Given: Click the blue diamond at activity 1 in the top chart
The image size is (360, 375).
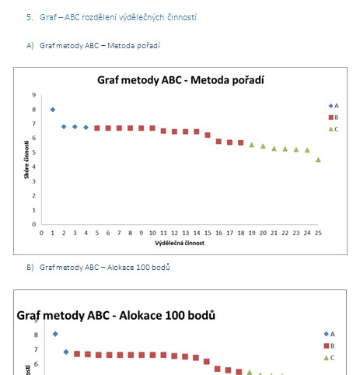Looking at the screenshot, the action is tap(53, 110).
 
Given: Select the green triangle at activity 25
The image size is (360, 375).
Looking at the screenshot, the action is tap(318, 159).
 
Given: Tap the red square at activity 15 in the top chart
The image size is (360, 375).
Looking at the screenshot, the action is tap(208, 135).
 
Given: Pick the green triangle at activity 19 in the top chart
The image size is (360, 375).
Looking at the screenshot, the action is tap(252, 145).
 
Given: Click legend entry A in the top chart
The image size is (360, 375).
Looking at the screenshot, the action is tap(334, 106).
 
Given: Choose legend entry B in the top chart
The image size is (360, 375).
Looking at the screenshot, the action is tap(334, 117).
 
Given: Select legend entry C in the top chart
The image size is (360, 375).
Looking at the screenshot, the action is tap(334, 129).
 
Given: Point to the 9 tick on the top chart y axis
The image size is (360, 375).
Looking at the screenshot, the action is tap(34, 95).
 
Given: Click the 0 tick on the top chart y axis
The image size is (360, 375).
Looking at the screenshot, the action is tap(34, 224).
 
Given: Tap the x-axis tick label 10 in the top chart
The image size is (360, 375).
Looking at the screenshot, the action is tap(152, 233).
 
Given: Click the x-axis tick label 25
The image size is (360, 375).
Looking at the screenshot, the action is tap(318, 233).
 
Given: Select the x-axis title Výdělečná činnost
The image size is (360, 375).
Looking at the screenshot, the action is tap(180, 243).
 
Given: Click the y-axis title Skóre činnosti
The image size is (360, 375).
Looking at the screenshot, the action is tap(26, 159).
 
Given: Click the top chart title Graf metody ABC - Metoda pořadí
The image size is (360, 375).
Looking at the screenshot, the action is tap(180, 80).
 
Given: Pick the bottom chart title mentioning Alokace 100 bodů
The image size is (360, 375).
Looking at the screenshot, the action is tap(116, 315).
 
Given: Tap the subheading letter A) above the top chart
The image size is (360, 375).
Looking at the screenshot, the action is tap(30, 46).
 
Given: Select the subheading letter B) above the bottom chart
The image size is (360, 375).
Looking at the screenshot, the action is tap(30, 268).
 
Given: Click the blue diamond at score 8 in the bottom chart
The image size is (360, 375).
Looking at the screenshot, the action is tap(55, 334).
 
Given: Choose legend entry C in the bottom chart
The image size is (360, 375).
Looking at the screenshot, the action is tap(329, 358).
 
